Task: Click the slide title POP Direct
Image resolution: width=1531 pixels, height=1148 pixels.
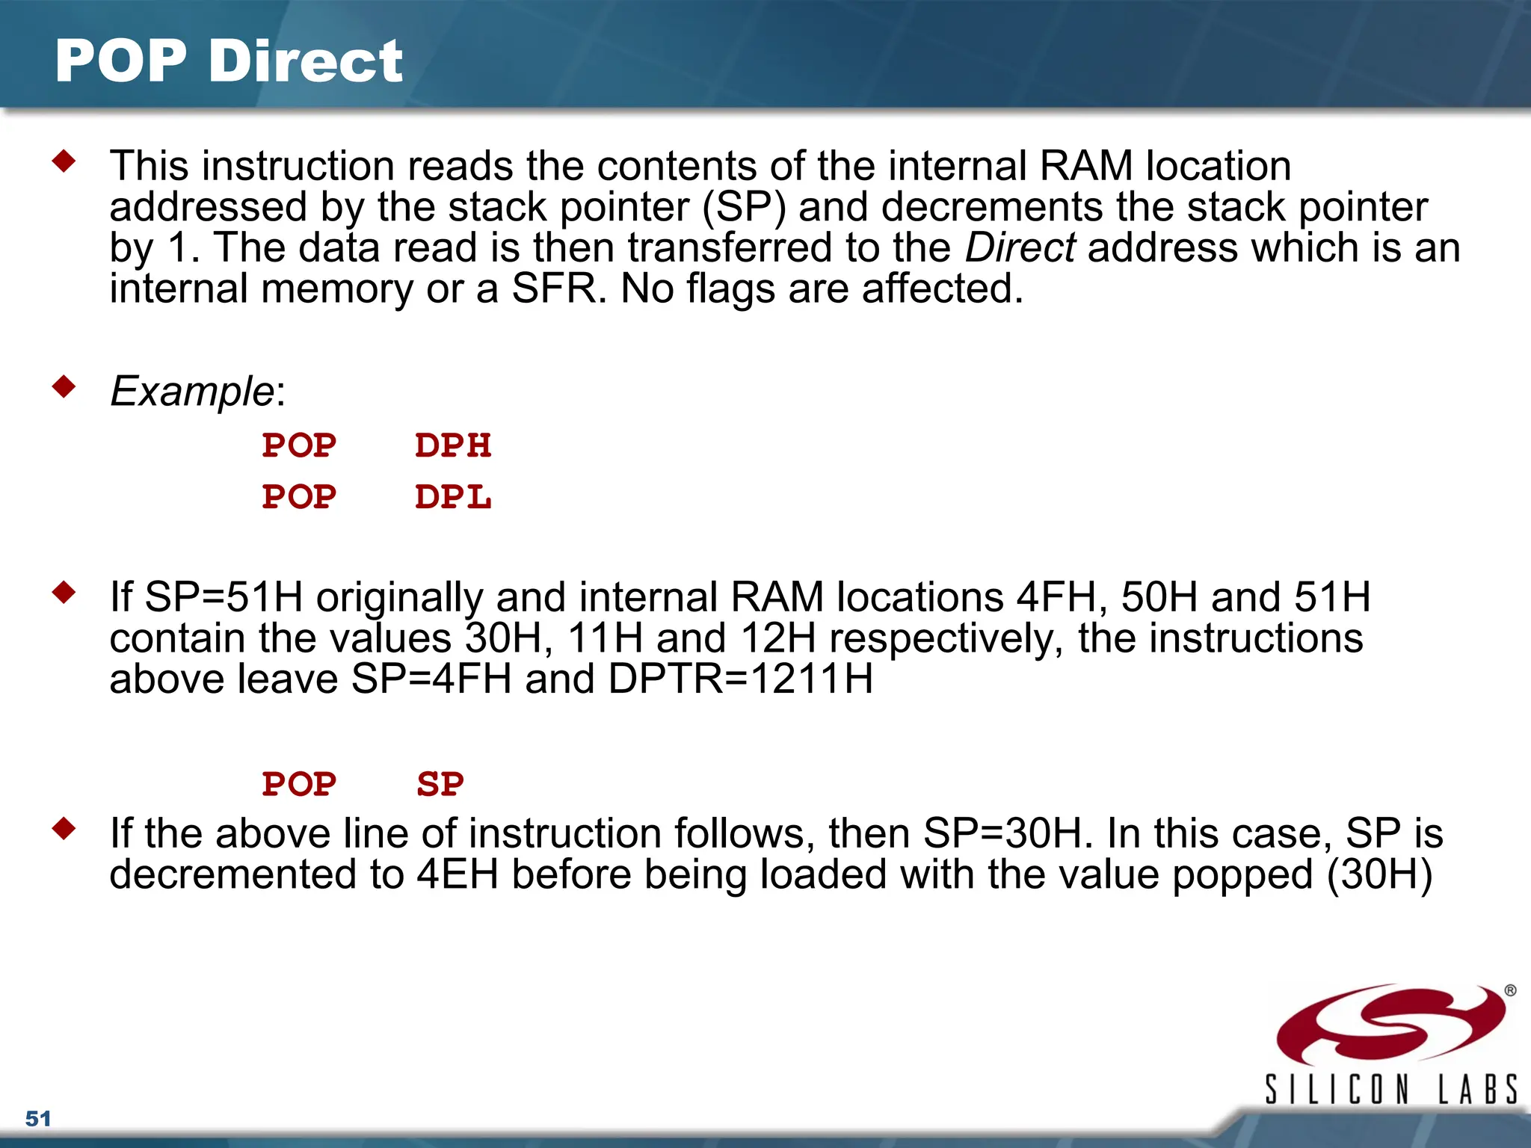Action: pyautogui.click(x=229, y=61)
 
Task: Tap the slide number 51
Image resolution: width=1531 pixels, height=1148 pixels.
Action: pyautogui.click(x=38, y=1119)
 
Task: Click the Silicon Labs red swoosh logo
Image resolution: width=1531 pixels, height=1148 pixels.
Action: pyautogui.click(x=1390, y=1025)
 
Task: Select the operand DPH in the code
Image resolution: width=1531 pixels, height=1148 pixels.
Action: pyautogui.click(x=453, y=446)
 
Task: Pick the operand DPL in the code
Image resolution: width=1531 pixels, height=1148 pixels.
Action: pyautogui.click(x=453, y=498)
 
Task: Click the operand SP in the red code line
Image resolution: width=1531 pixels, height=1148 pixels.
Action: pyautogui.click(x=440, y=785)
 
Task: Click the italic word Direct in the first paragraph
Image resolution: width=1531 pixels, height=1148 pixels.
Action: pyautogui.click(x=1020, y=248)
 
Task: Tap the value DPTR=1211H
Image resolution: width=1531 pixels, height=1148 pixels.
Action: pyautogui.click(x=741, y=679)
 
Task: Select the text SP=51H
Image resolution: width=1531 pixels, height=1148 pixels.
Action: pyautogui.click(x=224, y=597)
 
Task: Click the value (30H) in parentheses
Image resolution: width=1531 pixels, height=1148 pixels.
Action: pyautogui.click(x=1379, y=874)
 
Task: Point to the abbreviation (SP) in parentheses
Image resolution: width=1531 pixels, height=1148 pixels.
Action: pyautogui.click(x=745, y=207)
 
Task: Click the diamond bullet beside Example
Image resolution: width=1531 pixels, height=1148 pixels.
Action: pyautogui.click(x=64, y=386)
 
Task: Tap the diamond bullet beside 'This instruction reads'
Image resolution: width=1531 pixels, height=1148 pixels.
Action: pyautogui.click(x=64, y=161)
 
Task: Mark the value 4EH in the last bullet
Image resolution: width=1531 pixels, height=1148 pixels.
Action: pyautogui.click(x=458, y=874)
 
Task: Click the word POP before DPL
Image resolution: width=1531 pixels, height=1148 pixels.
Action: pyautogui.click(x=299, y=498)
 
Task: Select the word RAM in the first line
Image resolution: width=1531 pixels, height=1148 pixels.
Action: pyautogui.click(x=1086, y=166)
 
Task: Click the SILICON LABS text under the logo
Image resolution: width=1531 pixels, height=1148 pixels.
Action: pyautogui.click(x=1390, y=1089)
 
